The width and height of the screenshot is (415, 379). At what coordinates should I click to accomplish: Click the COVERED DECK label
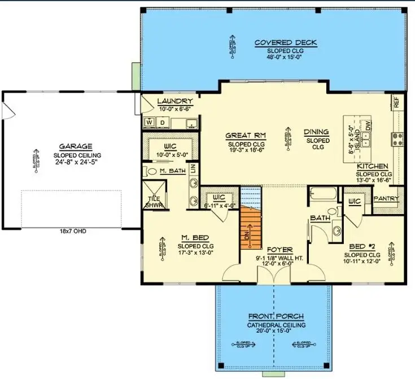(x=285, y=42)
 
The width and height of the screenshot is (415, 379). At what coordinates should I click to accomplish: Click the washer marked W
(x=150, y=121)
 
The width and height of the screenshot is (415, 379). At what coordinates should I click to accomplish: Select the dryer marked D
(x=161, y=121)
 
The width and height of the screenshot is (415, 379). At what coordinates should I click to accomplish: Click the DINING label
(x=316, y=132)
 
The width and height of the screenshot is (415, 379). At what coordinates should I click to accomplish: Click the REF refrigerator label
(x=396, y=103)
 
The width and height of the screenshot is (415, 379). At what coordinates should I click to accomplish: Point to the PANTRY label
(x=387, y=199)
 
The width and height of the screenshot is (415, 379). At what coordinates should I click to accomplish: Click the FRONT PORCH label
(x=276, y=316)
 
